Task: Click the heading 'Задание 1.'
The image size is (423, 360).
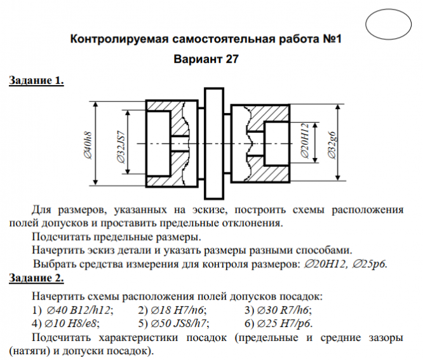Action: tap(36, 81)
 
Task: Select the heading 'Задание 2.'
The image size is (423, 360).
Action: tap(36, 278)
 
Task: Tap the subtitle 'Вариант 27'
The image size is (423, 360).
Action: tap(205, 60)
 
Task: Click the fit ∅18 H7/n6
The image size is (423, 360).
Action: tap(172, 310)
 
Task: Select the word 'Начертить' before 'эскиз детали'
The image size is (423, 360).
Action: tap(57, 250)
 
